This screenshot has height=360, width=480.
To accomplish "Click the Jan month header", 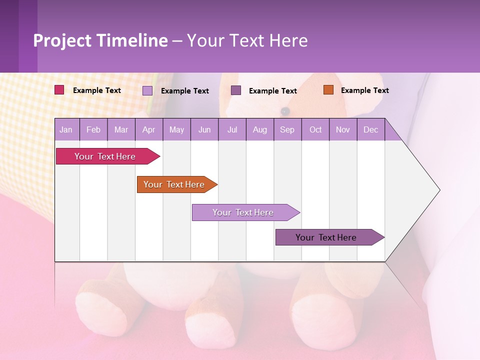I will [66, 129].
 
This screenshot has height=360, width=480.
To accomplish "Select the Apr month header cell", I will [148, 129].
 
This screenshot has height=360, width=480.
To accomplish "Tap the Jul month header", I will [232, 129].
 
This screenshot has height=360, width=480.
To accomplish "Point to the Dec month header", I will [370, 129].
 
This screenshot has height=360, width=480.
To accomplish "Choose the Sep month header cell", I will [287, 129].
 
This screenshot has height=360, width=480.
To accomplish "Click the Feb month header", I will [93, 129].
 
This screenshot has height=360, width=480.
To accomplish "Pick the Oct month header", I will [315, 129].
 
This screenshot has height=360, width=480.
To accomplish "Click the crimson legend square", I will [59, 90].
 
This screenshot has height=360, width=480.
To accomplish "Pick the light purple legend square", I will [147, 90].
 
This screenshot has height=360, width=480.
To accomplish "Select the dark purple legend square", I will [236, 90].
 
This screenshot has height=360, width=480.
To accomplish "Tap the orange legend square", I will [328, 90].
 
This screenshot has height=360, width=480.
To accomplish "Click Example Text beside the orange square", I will [364, 90].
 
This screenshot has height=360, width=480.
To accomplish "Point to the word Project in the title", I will [62, 40].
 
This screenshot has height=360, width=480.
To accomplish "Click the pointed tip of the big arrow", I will [438, 190].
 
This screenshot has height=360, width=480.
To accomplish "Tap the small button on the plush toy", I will [285, 110].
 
